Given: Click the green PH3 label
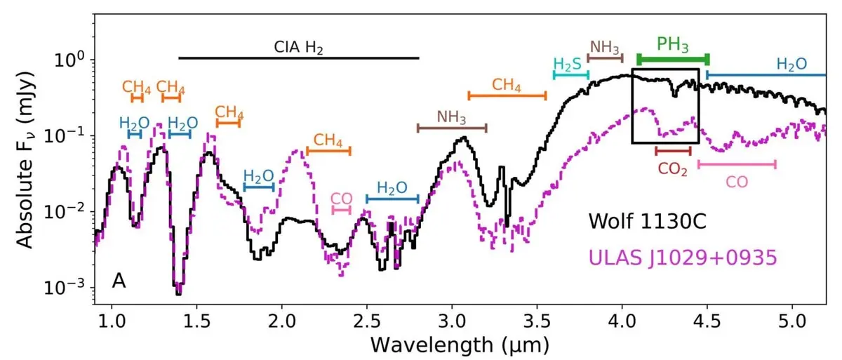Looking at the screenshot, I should (x=672, y=44).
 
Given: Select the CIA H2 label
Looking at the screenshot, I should (x=302, y=47).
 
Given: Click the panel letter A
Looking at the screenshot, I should (x=119, y=281).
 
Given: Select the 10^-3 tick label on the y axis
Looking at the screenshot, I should (x=67, y=287).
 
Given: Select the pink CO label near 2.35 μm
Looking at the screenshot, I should (x=342, y=199).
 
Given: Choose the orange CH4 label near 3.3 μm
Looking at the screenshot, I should (x=507, y=85).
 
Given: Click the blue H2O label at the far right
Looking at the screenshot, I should (x=791, y=63).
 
